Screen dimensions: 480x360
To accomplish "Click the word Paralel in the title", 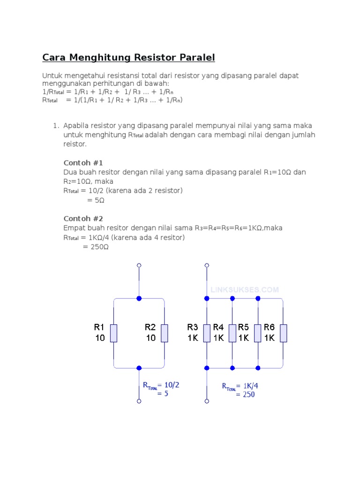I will pos(197,58).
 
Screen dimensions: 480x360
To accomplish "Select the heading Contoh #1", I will pos(83,163).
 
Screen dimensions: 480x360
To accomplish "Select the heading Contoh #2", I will pos(83,219).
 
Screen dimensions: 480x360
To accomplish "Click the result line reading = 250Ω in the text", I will pos(96,247).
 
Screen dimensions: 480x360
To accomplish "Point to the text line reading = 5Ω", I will pos(96,200).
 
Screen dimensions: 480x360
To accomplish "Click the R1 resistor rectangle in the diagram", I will pos(113,332).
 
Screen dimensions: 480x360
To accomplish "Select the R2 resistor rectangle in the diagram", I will pos(164,332).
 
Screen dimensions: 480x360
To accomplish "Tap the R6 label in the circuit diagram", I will pos(269,327).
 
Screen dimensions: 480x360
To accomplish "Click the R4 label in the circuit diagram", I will pos(218,327).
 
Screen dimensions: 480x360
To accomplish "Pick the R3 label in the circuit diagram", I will pos(193,327).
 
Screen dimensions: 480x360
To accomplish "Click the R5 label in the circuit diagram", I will pos(243,327).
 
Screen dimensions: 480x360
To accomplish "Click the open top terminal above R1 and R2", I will pos(139,266).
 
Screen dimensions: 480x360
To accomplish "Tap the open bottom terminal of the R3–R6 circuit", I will pos(207,401).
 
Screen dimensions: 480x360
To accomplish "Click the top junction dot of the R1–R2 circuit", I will pos(139,298).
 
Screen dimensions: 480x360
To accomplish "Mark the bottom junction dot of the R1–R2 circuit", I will pos(139,368).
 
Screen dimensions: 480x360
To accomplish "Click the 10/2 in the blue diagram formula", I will pos(172,385).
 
